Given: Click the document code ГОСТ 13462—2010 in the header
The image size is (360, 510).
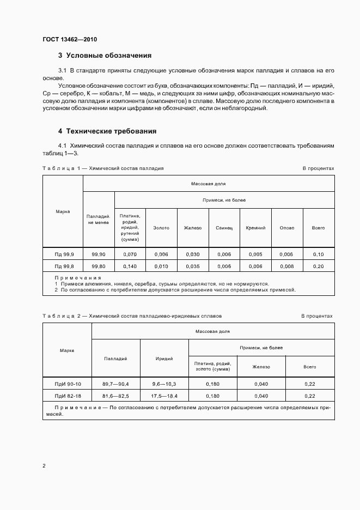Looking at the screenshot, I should point(69,39).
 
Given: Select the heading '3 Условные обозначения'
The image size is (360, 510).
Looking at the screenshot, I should point(105,56).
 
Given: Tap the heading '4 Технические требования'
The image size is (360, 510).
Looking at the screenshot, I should point(107,131).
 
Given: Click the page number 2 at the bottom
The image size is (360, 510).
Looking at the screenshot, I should point(44,466).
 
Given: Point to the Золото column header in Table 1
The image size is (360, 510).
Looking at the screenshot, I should point(161,228).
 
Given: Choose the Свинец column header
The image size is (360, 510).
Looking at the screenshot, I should point(224,228).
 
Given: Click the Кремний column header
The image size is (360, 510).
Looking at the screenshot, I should point(255,228).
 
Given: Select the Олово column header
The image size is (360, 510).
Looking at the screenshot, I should point(286,228).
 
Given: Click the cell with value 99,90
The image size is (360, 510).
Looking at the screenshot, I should point(99,254).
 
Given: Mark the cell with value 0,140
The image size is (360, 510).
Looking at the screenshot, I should point(130,266).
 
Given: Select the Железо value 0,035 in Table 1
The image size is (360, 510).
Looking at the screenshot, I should point(193,266).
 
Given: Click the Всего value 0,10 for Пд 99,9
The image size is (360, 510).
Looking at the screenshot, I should point(318,254).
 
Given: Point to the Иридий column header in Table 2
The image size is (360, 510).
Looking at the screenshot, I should point(164,359).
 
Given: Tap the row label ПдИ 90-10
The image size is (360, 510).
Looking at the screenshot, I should point(67,384).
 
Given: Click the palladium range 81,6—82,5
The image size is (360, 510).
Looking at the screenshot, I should point(116,396).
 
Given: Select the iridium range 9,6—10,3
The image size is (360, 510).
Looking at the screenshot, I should point(164,384).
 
